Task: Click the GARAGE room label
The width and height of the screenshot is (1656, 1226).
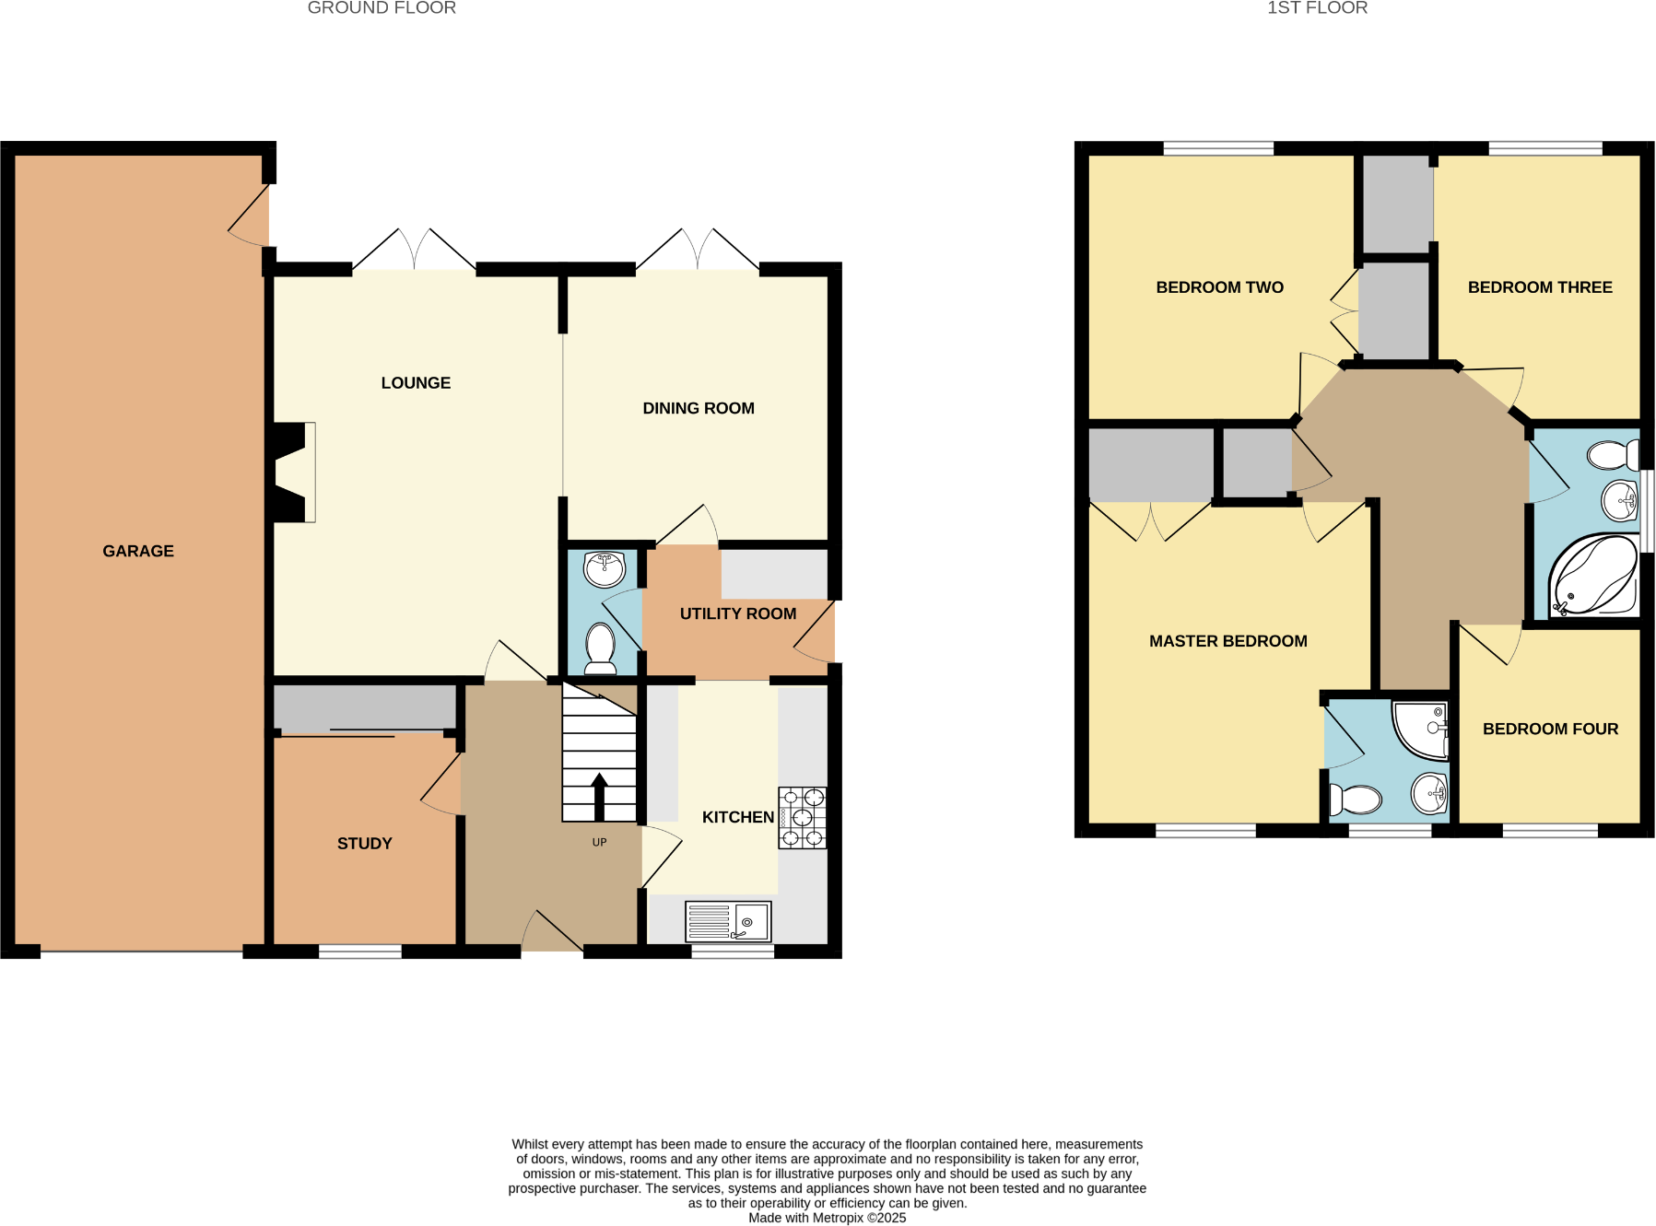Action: (x=138, y=551)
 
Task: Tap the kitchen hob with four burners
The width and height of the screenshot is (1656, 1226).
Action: (x=802, y=817)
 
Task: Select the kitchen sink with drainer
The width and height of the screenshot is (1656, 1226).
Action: (x=728, y=921)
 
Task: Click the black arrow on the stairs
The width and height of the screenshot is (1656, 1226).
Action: (x=599, y=796)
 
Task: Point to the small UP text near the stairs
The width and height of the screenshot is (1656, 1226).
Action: (x=599, y=842)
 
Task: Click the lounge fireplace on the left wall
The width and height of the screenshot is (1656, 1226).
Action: (x=293, y=472)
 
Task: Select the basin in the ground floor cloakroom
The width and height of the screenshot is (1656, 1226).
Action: (x=605, y=568)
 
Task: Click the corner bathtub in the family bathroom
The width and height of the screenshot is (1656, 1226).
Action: (x=1594, y=577)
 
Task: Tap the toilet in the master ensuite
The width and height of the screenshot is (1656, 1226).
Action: (x=1355, y=800)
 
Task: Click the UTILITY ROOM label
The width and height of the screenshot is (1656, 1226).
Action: (x=737, y=613)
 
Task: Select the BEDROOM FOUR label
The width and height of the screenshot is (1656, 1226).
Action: (x=1550, y=729)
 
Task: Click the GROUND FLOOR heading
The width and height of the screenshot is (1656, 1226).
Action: (x=382, y=8)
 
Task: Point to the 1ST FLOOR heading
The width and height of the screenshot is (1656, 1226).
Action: (x=1317, y=8)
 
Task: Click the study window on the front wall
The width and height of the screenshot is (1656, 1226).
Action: (x=360, y=952)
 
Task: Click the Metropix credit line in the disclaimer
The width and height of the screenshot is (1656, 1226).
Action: (x=827, y=1218)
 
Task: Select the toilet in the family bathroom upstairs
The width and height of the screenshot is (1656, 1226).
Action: (x=1613, y=455)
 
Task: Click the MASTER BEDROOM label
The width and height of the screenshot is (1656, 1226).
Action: (x=1227, y=641)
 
